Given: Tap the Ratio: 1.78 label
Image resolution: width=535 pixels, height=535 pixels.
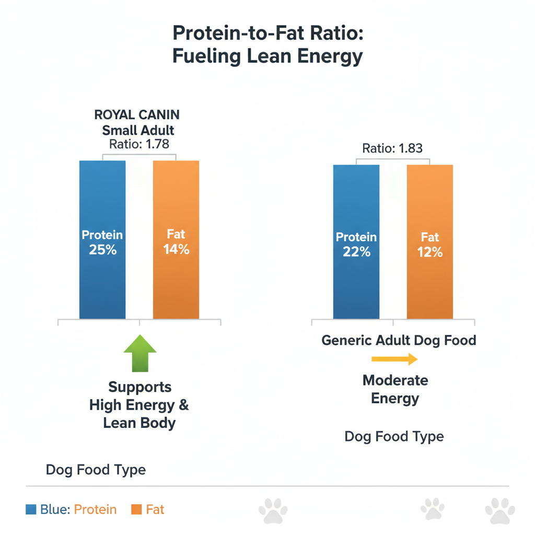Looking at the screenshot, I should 139,144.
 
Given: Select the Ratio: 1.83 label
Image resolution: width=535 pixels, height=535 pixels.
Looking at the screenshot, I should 392,148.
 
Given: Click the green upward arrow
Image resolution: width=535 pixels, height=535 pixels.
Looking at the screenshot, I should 139,355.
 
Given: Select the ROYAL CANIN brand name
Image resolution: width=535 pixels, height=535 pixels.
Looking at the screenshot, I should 137,114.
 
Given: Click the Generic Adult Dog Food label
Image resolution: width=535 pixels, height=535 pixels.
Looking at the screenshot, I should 399,341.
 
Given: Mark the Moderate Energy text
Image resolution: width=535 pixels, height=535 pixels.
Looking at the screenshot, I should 395,389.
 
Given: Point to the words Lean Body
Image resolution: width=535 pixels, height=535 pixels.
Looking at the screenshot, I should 139,423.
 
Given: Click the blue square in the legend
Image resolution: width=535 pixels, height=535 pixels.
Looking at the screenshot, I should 31,509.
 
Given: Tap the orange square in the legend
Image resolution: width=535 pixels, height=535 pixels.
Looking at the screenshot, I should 137,509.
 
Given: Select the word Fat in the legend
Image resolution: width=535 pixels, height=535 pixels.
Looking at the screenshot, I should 155,509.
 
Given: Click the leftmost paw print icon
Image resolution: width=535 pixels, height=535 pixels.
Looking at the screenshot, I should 273,510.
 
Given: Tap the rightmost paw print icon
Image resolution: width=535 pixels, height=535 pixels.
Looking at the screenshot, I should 500,510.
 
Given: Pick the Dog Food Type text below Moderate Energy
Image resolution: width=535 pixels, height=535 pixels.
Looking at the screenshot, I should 394,436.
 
